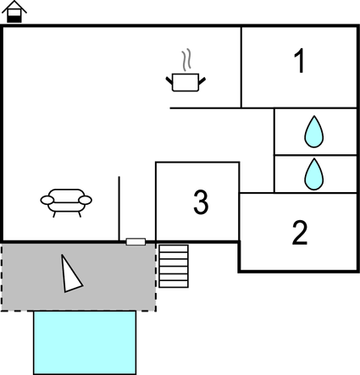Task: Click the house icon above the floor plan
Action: tap(14, 11)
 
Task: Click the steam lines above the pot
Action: tap(186, 60)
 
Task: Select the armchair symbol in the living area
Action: tap(66, 202)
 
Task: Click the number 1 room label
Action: tap(299, 61)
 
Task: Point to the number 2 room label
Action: tap(300, 233)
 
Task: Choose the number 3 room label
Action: tap(201, 202)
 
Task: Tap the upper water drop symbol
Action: tap(314, 131)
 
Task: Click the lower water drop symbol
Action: tap(314, 174)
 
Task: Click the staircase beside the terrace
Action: tap(174, 266)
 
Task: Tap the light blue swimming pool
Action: tap(85, 343)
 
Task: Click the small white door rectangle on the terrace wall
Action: tap(136, 242)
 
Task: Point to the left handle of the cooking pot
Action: tap(169, 80)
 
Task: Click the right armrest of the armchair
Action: tap(86, 200)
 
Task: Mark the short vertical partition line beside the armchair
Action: tap(119, 208)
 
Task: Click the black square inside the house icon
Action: tap(14, 19)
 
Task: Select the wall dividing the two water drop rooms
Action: tap(315, 155)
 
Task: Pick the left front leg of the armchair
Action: tap(54, 213)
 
